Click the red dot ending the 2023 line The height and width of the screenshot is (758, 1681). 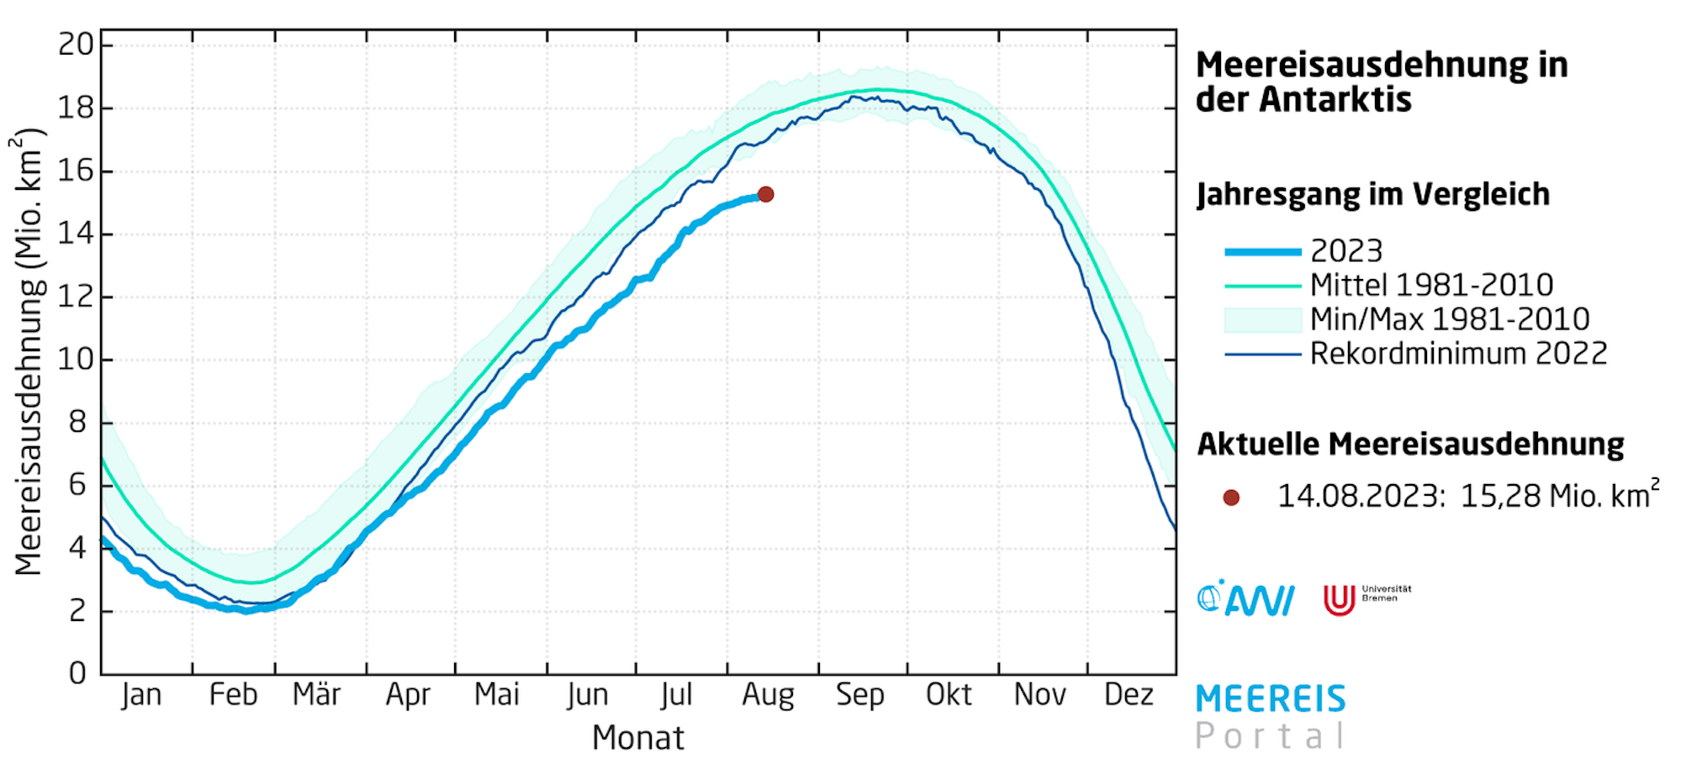pos(765,194)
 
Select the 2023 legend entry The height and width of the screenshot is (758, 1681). pos(1346,251)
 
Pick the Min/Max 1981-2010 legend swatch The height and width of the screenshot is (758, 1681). pos(1263,320)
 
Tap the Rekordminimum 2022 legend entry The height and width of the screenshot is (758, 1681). pos(1458,354)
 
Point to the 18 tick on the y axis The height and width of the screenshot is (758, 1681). pos(76,108)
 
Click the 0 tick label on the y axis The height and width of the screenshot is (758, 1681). pos(77,673)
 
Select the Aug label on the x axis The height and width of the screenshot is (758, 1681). pos(768,696)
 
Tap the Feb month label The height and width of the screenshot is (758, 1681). pos(233,696)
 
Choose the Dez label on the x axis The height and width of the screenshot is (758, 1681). pos(1129,696)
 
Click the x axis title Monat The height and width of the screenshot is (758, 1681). pos(637,738)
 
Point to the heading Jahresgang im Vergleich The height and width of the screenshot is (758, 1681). pos(1372,195)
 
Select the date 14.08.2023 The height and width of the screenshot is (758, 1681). pos(1360,497)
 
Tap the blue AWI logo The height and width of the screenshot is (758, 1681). pos(1245,599)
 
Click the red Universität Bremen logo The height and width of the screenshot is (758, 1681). pos(1339,600)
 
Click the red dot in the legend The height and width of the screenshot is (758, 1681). pos(1231,497)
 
